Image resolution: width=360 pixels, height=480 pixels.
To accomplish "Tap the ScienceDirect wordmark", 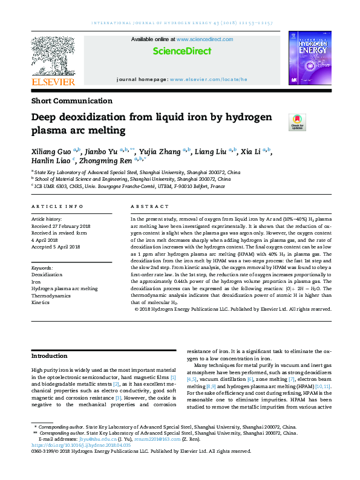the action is (180, 51).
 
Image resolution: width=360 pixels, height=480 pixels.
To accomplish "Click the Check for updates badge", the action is (296, 121).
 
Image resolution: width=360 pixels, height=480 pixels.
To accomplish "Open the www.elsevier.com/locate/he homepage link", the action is (209, 79).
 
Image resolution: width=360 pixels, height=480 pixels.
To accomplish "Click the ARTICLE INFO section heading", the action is (57, 207).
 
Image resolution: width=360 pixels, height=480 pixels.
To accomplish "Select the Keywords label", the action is (42, 267).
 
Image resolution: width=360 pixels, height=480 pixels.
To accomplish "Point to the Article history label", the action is (47, 218).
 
